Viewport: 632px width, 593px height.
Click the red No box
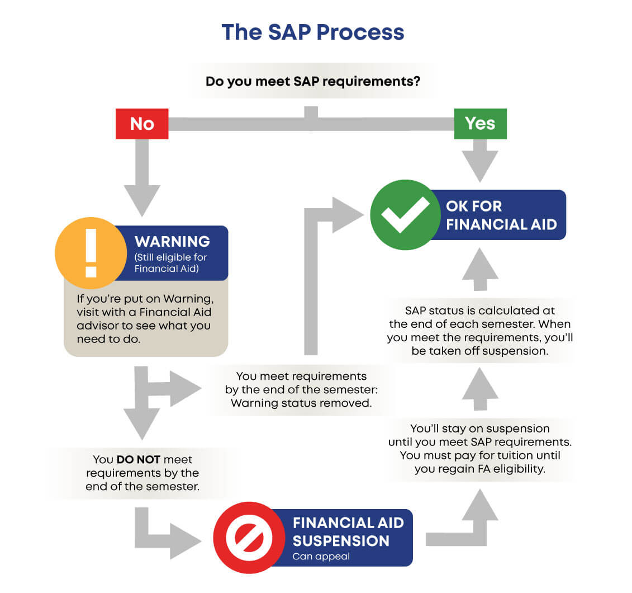[x=141, y=123]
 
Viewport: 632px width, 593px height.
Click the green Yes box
[x=480, y=123]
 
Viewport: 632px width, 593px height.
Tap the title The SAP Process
[x=312, y=32]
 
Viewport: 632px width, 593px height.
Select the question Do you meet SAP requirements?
[x=313, y=82]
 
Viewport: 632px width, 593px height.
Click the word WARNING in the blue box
[x=172, y=242]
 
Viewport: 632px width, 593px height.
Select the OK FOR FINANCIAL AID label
[x=501, y=215]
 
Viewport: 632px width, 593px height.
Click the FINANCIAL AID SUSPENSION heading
[x=348, y=532]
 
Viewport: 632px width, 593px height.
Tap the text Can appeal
[x=313, y=557]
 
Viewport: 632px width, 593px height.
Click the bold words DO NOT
[x=139, y=460]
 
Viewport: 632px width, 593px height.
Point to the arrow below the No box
[x=142, y=179]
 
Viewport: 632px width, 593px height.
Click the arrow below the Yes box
[x=480, y=160]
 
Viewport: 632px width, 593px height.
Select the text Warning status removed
[x=301, y=403]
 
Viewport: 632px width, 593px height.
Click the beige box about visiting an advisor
[x=146, y=318]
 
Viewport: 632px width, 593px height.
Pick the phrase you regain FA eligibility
[x=479, y=469]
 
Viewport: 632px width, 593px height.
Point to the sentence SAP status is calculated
[x=479, y=310]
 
